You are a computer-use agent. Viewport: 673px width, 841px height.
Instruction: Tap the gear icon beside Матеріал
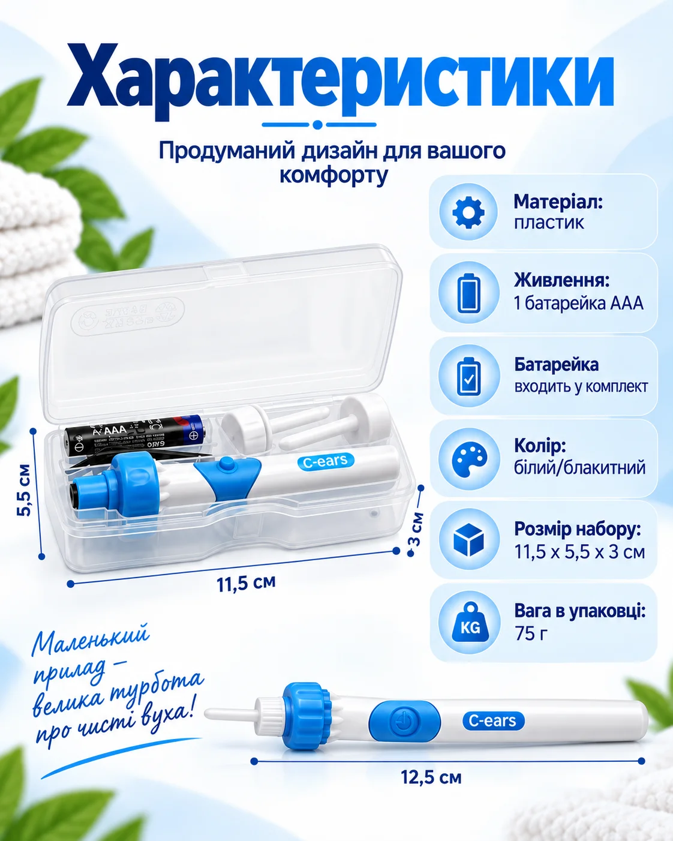click(468, 212)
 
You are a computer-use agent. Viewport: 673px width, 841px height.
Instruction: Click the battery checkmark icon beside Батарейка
click(468, 376)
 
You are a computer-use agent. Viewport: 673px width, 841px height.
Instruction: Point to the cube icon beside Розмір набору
click(468, 540)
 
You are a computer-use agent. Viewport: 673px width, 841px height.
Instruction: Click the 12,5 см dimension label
click(431, 777)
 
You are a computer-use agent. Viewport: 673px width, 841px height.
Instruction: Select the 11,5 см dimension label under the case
click(246, 582)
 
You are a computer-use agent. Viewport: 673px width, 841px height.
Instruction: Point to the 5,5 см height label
click(24, 490)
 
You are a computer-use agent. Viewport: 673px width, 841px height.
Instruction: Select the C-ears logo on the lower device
click(493, 720)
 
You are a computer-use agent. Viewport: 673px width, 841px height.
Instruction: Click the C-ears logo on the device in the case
click(326, 461)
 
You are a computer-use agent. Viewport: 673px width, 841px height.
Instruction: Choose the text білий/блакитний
click(579, 468)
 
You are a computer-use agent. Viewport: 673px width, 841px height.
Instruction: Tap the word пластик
click(549, 223)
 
